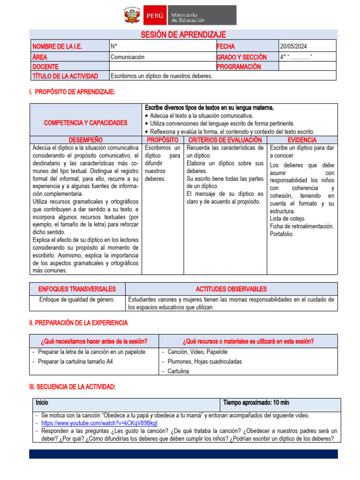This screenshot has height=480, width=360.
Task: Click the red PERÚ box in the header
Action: pos(154,15)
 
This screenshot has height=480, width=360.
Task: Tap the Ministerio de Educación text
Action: pos(187,17)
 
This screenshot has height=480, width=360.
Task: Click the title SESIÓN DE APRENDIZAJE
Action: pos(183,35)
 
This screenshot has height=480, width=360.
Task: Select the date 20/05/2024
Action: pos(294,46)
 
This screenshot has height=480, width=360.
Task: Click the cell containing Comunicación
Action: pos(127,57)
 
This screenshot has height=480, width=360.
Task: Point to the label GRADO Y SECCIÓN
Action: pos(241,57)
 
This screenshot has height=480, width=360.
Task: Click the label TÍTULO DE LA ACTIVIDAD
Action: pos(65,76)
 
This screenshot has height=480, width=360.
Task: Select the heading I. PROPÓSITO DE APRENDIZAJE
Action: pos(72,92)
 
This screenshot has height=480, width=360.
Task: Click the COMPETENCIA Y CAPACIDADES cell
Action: pos(85,123)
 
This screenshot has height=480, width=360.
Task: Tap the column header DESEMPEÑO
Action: pos(85,140)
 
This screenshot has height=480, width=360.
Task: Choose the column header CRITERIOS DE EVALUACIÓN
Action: pos(225,140)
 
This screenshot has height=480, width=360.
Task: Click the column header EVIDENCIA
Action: pos(301,140)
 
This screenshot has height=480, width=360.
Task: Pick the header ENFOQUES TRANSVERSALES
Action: pos(77,289)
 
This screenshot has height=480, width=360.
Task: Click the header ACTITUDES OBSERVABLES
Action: pos(231,289)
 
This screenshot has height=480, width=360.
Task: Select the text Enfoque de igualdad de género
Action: pos(77,300)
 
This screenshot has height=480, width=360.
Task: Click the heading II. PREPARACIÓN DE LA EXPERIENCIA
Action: pos(78,323)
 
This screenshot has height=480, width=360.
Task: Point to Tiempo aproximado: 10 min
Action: pos(256,402)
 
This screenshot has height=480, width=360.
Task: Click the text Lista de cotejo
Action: pos(287,218)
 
